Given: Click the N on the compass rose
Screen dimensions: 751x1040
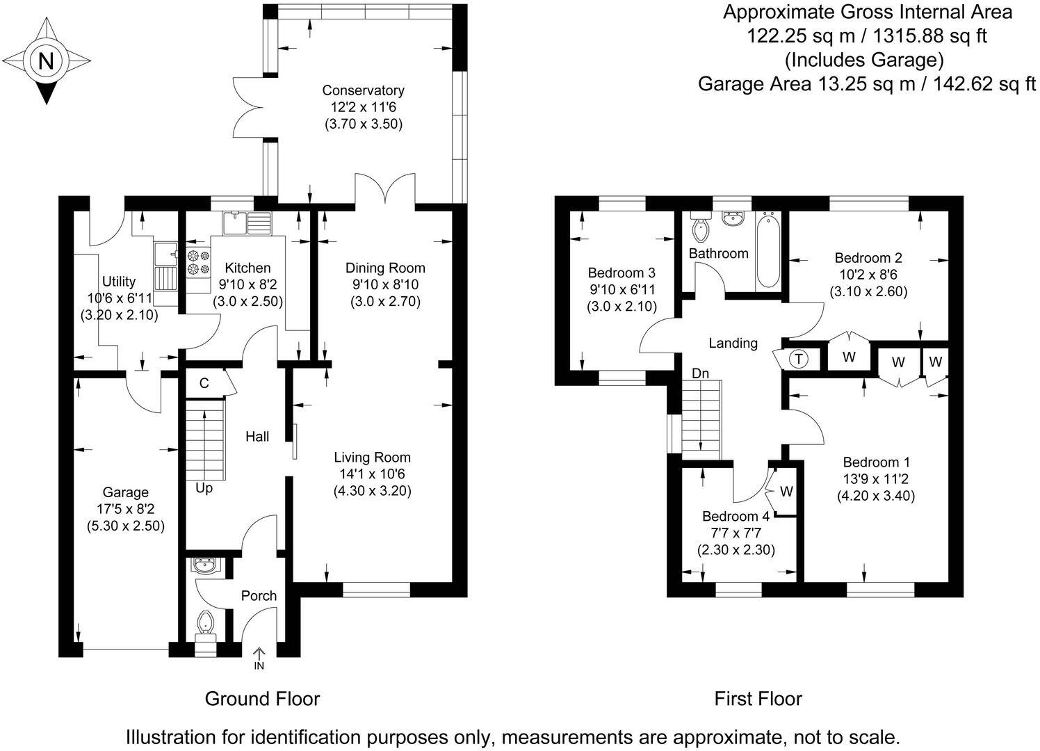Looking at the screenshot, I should coord(46,61).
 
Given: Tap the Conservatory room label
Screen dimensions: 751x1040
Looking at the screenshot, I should coord(363,90).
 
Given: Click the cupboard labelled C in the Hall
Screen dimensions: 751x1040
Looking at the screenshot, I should coord(204,383).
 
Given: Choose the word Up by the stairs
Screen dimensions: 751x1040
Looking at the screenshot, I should coord(204,488).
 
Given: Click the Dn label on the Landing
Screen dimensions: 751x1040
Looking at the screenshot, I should coord(700,373).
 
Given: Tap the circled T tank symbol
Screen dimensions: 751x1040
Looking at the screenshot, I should coord(799,359).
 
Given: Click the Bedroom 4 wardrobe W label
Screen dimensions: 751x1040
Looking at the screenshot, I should coord(786,492).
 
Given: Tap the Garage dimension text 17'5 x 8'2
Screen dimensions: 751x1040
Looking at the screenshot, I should coord(125,509).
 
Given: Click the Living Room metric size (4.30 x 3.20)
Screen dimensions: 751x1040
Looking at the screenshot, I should coord(372,490).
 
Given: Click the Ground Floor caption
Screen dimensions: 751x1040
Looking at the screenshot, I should coord(262,698).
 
